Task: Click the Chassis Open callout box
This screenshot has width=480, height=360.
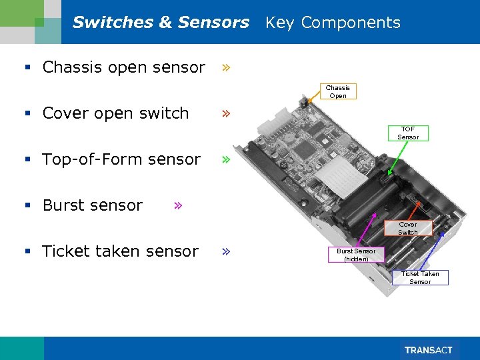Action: (337, 91)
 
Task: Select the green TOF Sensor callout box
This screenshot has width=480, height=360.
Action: (408, 133)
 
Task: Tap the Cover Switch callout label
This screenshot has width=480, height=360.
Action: (407, 228)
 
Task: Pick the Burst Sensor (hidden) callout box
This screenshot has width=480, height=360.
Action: (355, 255)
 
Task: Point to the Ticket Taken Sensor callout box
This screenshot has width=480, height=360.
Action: (420, 277)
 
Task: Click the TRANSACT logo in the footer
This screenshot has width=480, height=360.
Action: (429, 350)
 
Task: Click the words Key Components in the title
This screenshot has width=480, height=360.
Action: (333, 23)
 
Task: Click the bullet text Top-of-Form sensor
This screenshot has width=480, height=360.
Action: (121, 159)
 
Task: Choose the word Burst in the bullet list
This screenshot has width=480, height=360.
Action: (65, 205)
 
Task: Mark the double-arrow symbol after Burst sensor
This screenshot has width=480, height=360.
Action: (177, 205)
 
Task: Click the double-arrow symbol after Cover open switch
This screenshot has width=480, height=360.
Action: (227, 113)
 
